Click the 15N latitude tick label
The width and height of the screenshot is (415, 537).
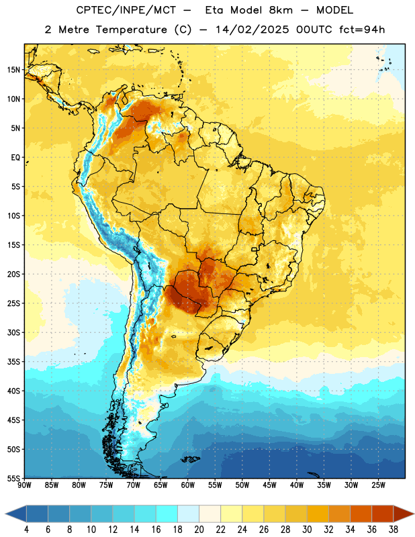coord(13,70)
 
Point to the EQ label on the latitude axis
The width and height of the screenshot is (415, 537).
coord(15,158)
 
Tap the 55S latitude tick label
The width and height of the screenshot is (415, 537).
coord(13,478)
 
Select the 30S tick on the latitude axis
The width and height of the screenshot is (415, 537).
coord(13,332)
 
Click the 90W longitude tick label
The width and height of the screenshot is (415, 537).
coord(24,485)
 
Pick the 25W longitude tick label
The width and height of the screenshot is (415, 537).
coord(378,485)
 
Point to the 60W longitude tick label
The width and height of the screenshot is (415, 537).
coord(188,485)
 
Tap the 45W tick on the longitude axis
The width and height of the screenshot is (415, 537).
coord(269,485)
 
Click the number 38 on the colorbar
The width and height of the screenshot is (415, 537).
coord(393,530)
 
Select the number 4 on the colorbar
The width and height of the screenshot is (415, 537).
coord(26,530)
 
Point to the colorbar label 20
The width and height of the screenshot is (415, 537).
coord(199,530)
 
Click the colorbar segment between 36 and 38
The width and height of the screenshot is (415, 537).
coord(383,514)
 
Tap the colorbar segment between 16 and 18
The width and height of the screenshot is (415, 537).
coord(167,514)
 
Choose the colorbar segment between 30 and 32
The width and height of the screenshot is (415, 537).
coord(318,514)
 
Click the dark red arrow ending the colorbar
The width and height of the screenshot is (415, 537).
coord(404,514)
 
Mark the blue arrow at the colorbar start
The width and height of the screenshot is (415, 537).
coord(16,514)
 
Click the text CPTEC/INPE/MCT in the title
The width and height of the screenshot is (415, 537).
coord(126,10)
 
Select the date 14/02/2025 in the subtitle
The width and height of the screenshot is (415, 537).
coord(252,30)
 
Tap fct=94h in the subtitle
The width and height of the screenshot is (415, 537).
coord(362,30)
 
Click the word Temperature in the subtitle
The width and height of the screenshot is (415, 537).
coord(131,30)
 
